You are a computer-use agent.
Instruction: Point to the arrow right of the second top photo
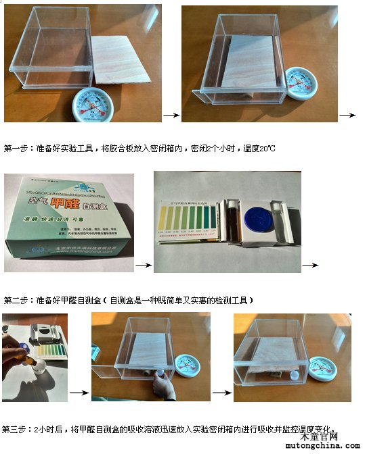347,115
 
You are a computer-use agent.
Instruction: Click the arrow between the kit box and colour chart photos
143,265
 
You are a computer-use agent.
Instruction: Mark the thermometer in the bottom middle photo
183,365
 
